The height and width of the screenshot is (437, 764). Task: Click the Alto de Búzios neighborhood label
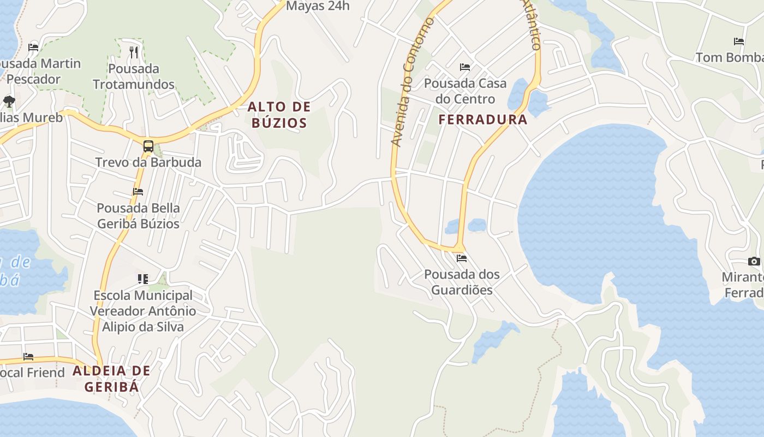coord(279,115)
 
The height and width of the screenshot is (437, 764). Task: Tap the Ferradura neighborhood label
coord(483,120)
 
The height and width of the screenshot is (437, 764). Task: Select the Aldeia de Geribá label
coord(111,379)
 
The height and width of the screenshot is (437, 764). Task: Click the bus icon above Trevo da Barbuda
coord(148,146)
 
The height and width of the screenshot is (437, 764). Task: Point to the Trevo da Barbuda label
coord(148,162)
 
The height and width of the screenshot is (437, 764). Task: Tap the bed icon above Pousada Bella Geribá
coord(138,192)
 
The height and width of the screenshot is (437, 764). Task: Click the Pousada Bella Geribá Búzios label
coord(138,216)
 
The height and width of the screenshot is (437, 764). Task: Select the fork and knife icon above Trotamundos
coord(134,52)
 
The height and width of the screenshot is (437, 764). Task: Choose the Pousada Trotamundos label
coord(134,76)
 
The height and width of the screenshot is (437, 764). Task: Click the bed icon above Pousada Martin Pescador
coord(33,48)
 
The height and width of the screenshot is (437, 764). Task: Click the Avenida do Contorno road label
coord(412,82)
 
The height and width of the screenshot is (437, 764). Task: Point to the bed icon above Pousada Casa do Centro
coord(465,67)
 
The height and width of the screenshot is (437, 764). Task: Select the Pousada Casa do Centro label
coord(465,91)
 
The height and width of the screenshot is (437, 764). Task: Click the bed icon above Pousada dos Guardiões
coord(462,258)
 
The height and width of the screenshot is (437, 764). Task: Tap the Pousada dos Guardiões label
coord(462,282)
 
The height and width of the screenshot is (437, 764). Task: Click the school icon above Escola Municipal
coord(143,280)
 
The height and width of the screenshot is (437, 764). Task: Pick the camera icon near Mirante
coord(754,262)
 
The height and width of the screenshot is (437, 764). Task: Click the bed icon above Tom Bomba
coord(739,42)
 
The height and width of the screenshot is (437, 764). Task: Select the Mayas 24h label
coord(318,6)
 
